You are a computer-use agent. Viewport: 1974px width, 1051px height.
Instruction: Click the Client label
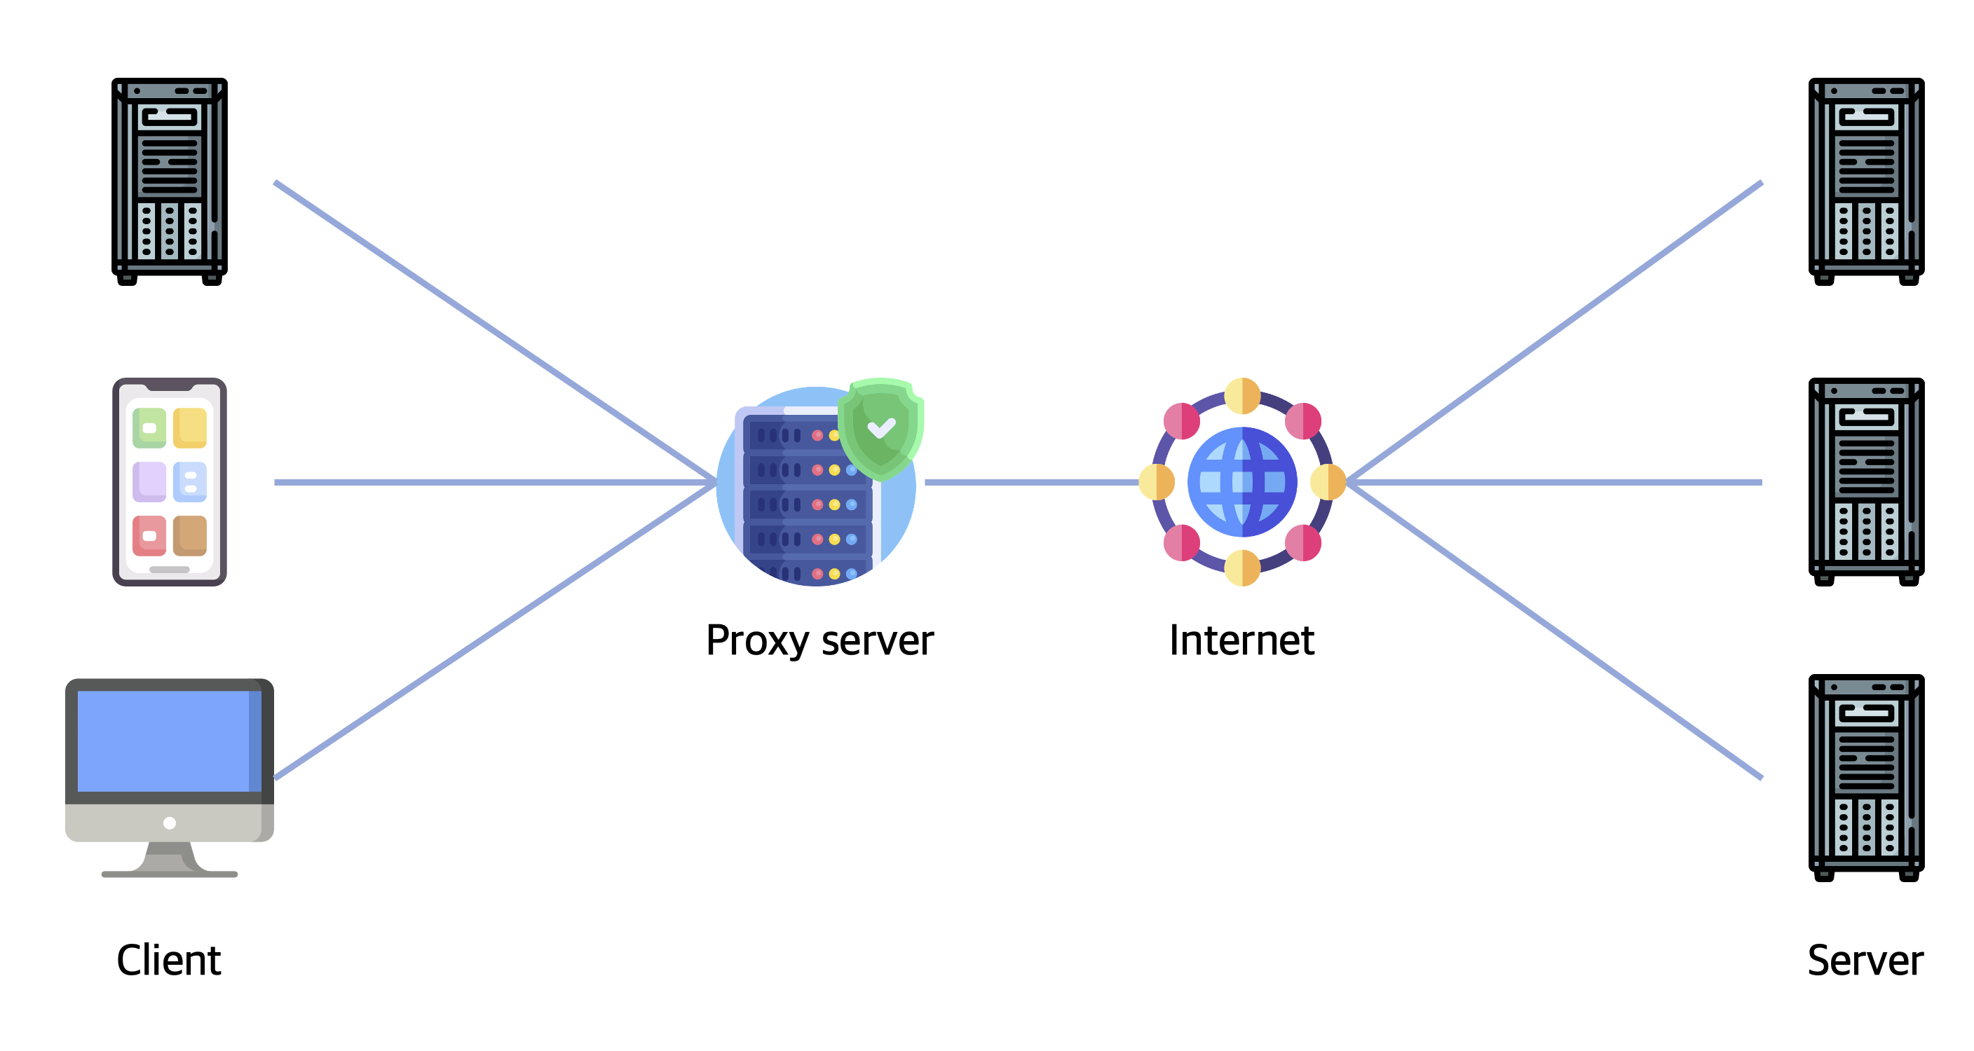tap(168, 960)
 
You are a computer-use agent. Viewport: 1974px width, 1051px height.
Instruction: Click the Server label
tap(1865, 960)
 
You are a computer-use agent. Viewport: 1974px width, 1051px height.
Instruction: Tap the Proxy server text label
tap(819, 640)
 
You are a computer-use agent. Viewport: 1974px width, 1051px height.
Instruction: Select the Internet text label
tap(1241, 640)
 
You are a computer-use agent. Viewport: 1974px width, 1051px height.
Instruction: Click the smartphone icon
tap(170, 482)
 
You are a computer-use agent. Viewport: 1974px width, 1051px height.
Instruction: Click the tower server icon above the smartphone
tap(170, 181)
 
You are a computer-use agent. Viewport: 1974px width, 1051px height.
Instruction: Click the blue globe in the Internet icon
tap(1241, 482)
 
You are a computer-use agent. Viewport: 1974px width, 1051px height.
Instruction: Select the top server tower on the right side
tap(1866, 181)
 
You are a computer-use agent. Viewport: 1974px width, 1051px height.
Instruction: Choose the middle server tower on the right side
tap(1866, 482)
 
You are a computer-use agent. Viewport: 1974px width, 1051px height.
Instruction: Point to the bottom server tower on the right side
tap(1866, 778)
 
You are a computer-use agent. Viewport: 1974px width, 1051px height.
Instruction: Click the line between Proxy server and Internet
tap(1030, 483)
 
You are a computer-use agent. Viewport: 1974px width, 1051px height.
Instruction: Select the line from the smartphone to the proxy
tap(491, 483)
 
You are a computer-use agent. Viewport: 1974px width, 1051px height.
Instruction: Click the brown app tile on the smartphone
tap(190, 535)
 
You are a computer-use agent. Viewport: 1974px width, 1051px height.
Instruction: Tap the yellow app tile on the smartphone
tap(190, 427)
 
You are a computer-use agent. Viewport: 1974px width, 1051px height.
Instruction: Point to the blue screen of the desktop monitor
tap(165, 741)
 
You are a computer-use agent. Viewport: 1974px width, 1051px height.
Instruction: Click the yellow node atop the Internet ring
tap(1241, 396)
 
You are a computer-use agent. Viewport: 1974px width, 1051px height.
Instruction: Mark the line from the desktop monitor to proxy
tap(494, 631)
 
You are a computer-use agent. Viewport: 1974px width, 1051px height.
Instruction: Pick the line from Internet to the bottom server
tap(1556, 631)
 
